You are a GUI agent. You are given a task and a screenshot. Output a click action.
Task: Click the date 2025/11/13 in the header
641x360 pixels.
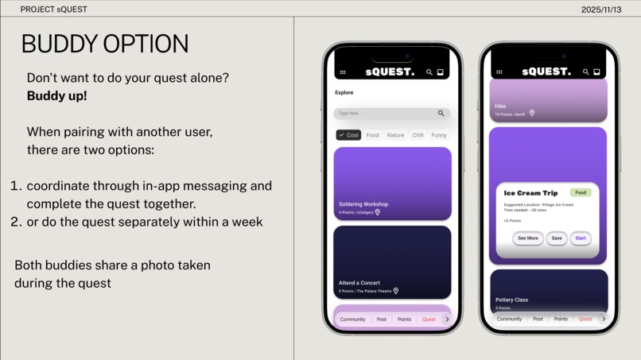[x=601, y=10]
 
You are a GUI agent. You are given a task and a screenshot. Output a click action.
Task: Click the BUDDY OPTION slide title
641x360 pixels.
[x=104, y=45]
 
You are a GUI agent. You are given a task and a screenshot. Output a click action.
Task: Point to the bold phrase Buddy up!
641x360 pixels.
[x=56, y=95]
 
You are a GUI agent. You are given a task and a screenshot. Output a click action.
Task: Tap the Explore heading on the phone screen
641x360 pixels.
[x=344, y=92]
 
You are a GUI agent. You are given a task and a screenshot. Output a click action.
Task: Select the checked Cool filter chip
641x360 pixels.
[x=348, y=135]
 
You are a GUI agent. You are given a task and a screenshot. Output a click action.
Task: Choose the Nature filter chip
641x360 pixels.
[x=395, y=135]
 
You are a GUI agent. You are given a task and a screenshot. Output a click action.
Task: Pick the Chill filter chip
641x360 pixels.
[x=418, y=135]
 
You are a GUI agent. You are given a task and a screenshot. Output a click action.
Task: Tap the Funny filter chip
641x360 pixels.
[x=438, y=135]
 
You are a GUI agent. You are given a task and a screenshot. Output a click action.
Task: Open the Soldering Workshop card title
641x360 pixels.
[x=363, y=204]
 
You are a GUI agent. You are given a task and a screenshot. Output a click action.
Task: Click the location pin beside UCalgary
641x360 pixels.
[x=378, y=212]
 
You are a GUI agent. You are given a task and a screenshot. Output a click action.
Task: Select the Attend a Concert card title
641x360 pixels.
[x=359, y=283]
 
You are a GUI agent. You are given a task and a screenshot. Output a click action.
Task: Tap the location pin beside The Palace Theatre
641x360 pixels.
[x=396, y=291]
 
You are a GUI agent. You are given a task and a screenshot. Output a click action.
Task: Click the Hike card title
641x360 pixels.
[x=500, y=106]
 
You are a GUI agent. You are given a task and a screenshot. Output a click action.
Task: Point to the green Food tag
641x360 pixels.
[x=581, y=192]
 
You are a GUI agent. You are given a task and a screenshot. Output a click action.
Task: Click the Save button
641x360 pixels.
[x=557, y=238]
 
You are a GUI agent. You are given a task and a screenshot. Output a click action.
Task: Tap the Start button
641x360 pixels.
[x=581, y=238]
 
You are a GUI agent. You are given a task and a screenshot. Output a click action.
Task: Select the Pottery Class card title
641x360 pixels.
[x=511, y=300]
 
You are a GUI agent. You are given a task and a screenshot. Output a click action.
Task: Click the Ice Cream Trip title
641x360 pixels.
[x=530, y=193]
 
